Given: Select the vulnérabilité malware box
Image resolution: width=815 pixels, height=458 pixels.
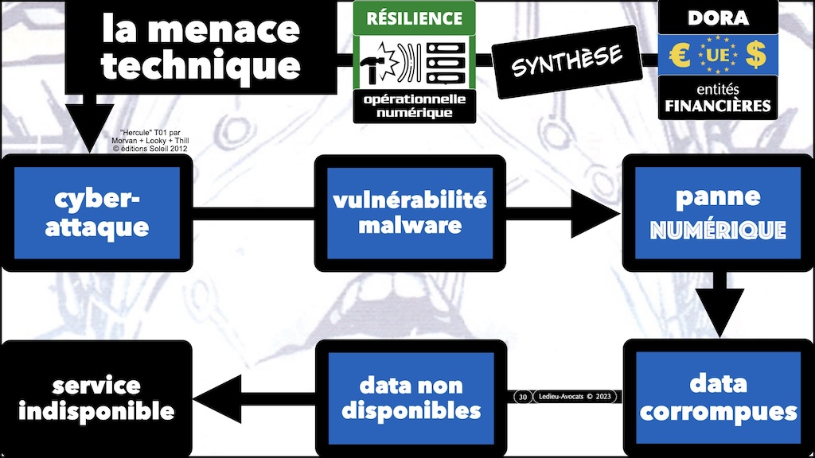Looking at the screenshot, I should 410,212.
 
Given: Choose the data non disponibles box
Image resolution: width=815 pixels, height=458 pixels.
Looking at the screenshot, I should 410,398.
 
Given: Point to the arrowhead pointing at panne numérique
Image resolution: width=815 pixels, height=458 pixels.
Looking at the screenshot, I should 593,213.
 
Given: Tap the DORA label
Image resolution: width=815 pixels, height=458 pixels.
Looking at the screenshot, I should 718,16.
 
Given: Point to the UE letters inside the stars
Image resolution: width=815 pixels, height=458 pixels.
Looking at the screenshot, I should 718,56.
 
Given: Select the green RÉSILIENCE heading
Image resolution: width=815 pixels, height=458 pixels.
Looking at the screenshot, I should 414,17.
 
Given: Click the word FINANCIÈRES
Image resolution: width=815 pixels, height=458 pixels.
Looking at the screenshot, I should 718,106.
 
